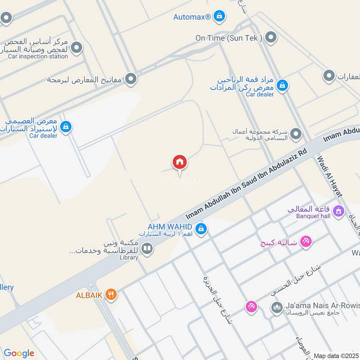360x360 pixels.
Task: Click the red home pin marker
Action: tap(179, 162)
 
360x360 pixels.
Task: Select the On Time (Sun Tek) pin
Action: tap(270, 37)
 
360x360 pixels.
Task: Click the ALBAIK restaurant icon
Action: tap(111, 295)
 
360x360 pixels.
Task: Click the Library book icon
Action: tap(147, 248)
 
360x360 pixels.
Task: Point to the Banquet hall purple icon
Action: tap(339, 210)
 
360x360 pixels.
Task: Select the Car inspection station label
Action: tap(38, 57)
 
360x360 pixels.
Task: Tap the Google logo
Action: tap(18, 353)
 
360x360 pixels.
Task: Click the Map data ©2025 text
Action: tap(336, 355)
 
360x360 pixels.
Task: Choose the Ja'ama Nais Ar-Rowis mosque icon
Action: tap(276, 308)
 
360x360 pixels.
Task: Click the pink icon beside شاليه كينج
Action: tap(306, 242)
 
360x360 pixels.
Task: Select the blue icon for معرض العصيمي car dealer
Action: tap(66, 127)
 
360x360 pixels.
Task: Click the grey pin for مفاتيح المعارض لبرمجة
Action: tap(131, 79)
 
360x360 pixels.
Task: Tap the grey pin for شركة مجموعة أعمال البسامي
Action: tap(296, 134)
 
